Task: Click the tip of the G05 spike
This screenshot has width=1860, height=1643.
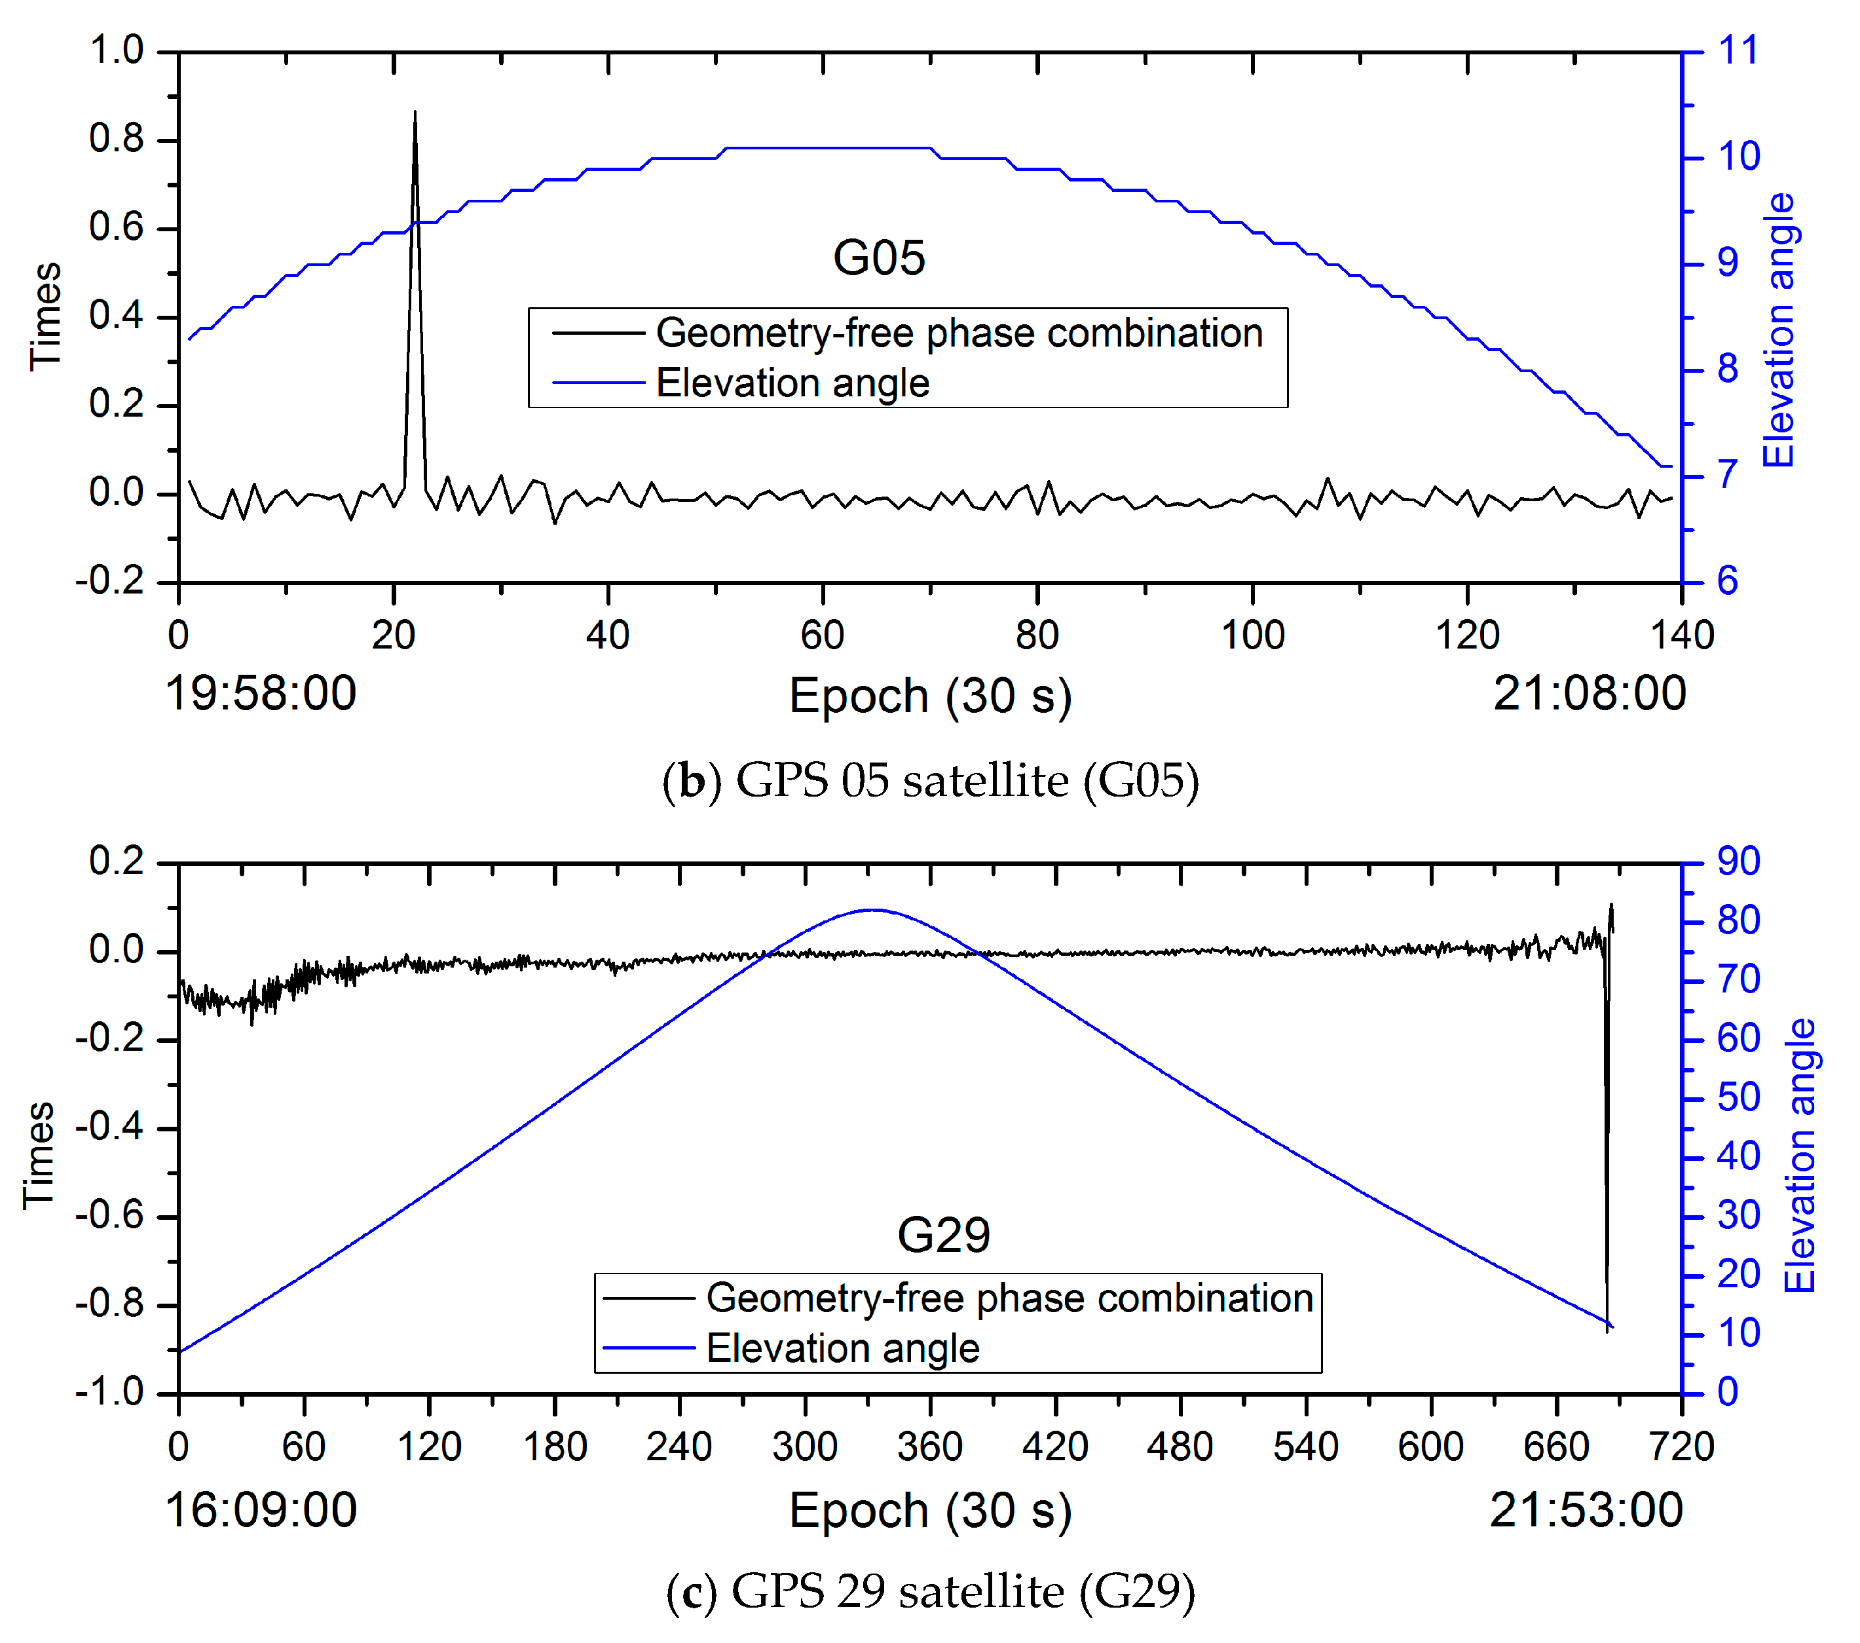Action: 415,112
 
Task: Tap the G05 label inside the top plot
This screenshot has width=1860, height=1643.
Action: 878,257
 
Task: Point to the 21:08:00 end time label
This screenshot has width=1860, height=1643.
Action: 1590,694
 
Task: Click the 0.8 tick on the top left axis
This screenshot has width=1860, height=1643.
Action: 117,138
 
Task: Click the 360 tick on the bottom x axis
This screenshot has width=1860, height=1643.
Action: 929,1446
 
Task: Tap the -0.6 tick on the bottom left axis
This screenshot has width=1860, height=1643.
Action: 109,1215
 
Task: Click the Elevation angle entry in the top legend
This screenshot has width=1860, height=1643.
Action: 792,383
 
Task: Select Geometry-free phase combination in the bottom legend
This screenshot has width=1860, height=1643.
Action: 1009,1298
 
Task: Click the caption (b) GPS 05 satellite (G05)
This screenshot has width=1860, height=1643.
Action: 930,781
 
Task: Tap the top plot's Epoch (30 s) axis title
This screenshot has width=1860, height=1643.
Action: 930,696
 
